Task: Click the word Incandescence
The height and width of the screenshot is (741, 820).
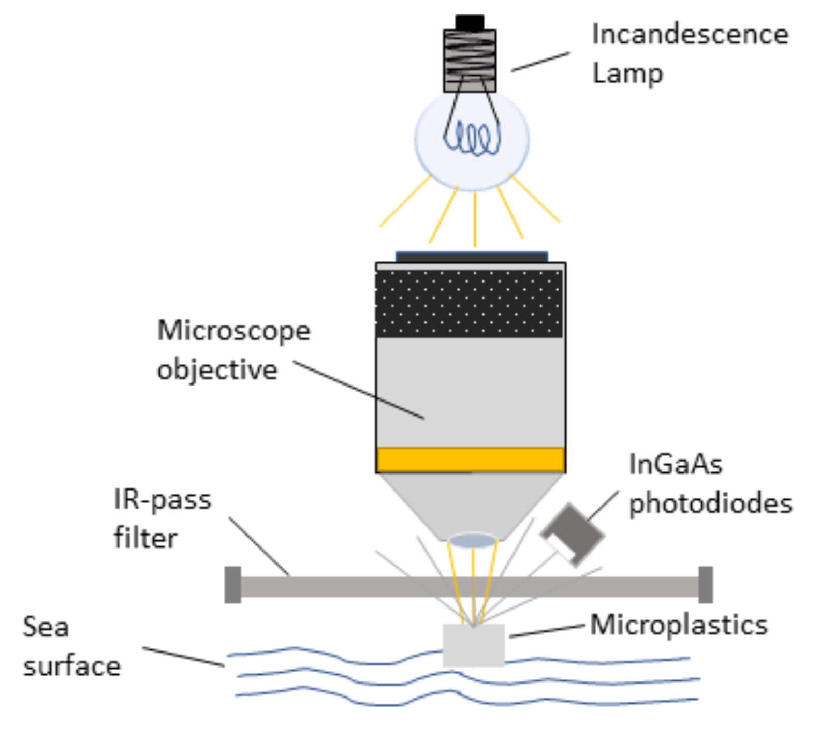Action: pyautogui.click(x=690, y=35)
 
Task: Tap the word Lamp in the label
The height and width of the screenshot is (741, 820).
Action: pyautogui.click(x=627, y=73)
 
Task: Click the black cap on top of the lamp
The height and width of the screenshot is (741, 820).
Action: pyautogui.click(x=470, y=22)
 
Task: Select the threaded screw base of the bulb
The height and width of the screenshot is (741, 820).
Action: pyautogui.click(x=470, y=61)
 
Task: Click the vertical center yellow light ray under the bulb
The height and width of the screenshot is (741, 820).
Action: pyautogui.click(x=474, y=220)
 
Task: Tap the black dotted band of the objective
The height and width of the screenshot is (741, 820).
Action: pyautogui.click(x=470, y=303)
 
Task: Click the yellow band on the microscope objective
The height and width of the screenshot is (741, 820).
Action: pyautogui.click(x=470, y=460)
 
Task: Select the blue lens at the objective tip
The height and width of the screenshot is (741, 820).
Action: pyautogui.click(x=472, y=541)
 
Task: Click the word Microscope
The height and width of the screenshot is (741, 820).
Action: pyautogui.click(x=233, y=331)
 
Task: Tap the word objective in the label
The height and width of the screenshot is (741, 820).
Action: pyautogui.click(x=217, y=370)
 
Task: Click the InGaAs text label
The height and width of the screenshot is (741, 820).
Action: pyautogui.click(x=675, y=464)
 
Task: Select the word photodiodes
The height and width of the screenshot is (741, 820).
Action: pyautogui.click(x=710, y=503)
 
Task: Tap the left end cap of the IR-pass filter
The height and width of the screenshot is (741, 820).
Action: pyautogui.click(x=232, y=585)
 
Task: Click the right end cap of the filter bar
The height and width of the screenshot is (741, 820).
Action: pyautogui.click(x=706, y=585)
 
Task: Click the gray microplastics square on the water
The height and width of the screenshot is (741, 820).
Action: pyautogui.click(x=474, y=645)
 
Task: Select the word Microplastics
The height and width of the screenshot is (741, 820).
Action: pyautogui.click(x=679, y=625)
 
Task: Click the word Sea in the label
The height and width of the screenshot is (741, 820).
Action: pyautogui.click(x=46, y=628)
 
